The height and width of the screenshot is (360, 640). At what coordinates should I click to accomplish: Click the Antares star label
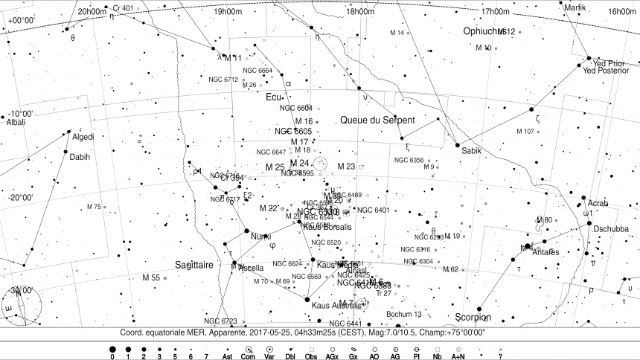tap(550, 251)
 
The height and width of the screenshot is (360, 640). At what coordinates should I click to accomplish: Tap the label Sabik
tap(472, 151)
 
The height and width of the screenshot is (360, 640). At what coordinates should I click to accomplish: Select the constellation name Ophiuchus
tap(487, 31)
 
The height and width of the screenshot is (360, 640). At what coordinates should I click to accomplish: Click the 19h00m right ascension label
tap(227, 12)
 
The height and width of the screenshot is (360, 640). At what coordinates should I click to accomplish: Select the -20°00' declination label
tap(20, 198)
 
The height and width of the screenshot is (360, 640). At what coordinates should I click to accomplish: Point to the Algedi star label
tap(83, 137)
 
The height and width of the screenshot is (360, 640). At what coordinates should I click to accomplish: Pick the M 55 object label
tap(150, 277)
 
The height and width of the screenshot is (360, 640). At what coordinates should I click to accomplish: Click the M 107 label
tap(525, 132)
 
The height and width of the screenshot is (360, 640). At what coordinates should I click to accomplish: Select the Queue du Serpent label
tap(377, 120)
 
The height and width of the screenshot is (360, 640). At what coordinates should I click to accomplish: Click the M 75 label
tap(94, 206)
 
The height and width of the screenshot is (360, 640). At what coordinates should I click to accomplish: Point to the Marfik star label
tap(575, 7)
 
